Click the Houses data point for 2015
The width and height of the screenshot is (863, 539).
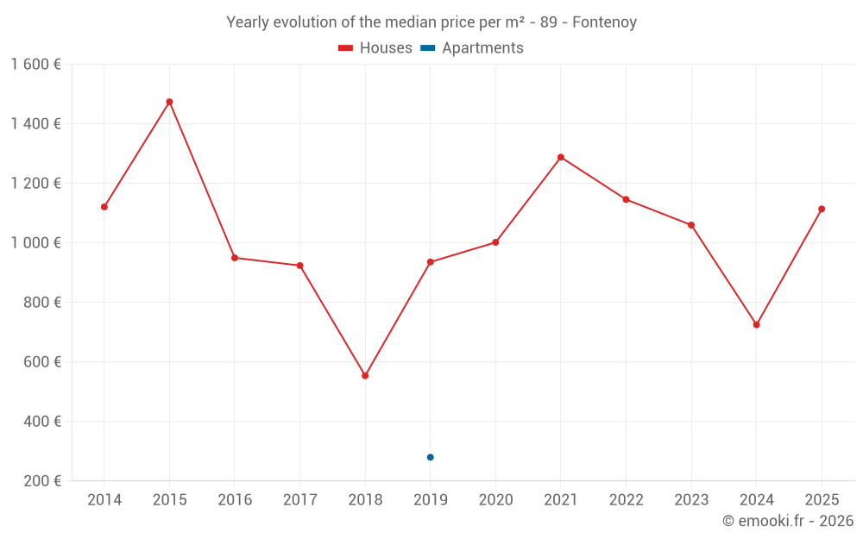pos(169,102)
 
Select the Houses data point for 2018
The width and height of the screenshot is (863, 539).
pos(365,376)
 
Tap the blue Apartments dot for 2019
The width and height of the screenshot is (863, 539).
pos(431,457)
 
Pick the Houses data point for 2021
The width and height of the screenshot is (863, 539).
pos(561,157)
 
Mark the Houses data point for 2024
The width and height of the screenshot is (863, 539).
pos(757,325)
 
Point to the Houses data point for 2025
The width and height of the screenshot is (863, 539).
pos(822,209)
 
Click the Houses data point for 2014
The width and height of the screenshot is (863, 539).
pos(104,207)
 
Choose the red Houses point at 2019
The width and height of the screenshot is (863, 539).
pos(431,262)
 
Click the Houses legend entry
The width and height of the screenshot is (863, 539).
pos(375,48)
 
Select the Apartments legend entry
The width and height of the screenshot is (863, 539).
pos(472,48)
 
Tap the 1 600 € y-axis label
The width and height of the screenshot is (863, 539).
pos(35,65)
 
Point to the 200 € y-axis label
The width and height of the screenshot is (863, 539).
pos(42,481)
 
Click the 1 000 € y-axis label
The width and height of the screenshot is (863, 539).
pos(35,243)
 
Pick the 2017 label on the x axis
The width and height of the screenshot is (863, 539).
pos(299,500)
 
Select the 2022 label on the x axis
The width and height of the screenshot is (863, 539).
pos(626,500)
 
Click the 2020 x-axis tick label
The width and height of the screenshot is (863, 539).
pos(495,500)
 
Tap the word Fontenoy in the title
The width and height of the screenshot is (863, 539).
pos(604,22)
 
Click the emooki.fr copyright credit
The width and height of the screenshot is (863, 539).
pos(787,521)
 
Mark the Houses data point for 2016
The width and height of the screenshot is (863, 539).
pos(235,258)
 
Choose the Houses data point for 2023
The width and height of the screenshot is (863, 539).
pos(691,225)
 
